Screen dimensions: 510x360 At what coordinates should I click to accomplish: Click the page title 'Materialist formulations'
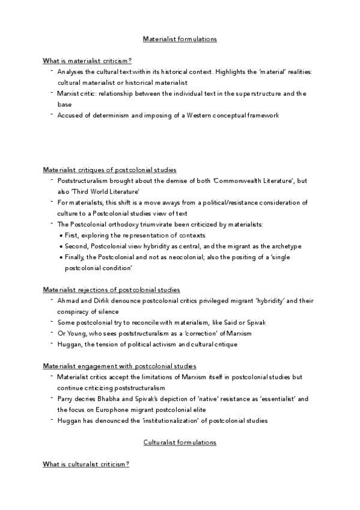pos(180,39)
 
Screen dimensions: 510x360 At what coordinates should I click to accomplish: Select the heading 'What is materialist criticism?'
pos(87,61)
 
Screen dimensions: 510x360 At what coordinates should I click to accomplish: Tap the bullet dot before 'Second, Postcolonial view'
pos(62,247)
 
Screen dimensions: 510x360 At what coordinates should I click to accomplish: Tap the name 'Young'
pos(77,333)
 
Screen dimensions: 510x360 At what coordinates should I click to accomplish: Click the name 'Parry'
pos(66,399)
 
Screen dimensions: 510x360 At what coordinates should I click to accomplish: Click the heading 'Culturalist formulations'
pos(180,442)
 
